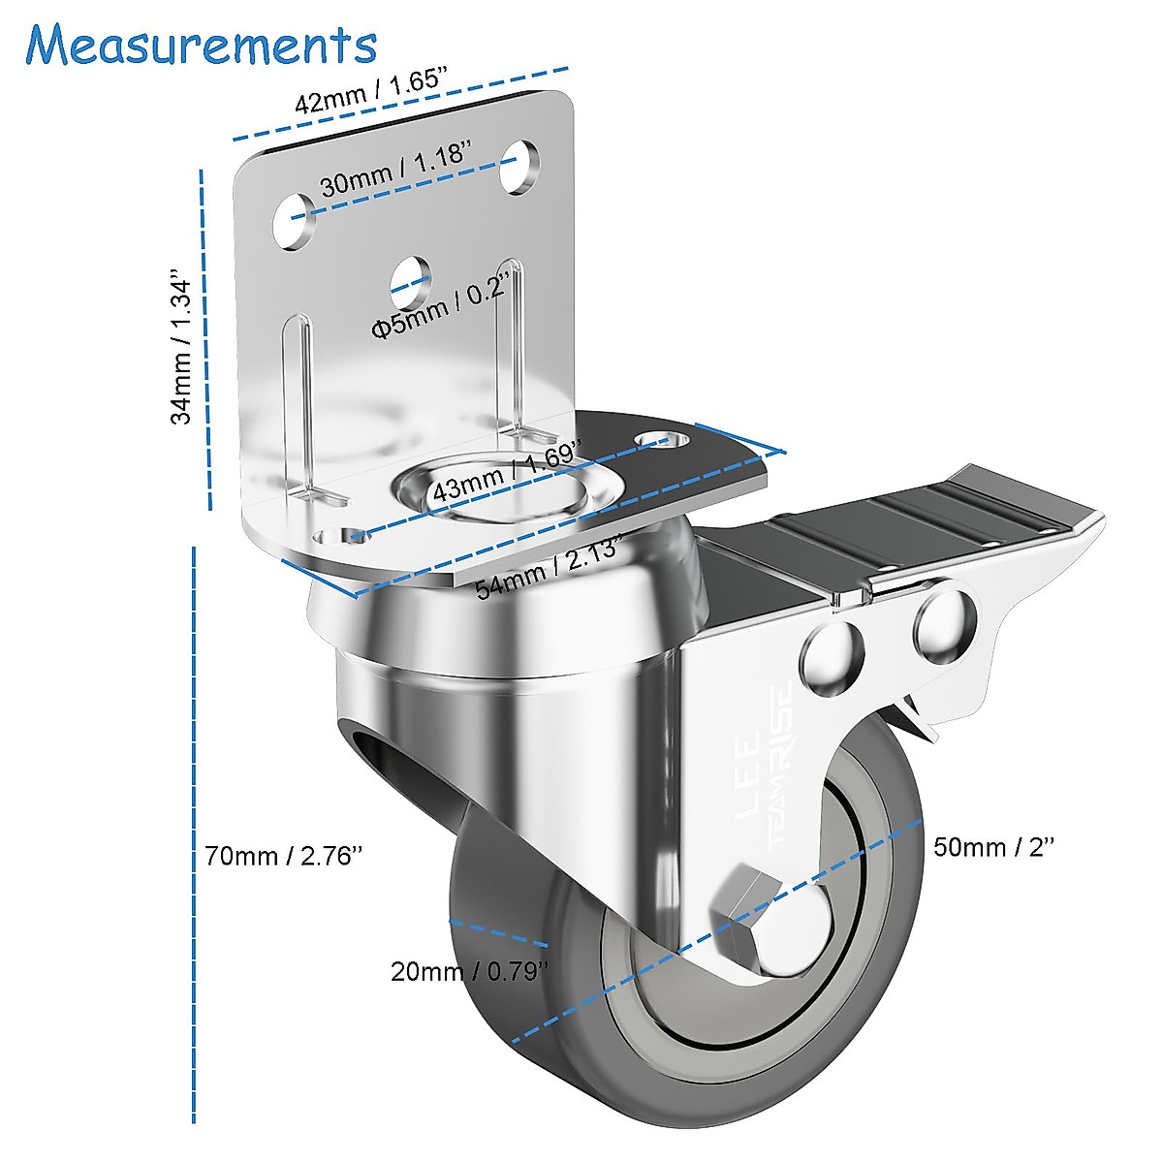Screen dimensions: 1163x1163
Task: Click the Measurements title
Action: (202, 45)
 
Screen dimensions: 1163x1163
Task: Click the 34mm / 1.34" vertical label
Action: (182, 346)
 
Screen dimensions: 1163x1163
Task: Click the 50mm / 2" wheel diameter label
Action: (992, 847)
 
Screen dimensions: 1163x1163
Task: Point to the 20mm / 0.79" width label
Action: (469, 970)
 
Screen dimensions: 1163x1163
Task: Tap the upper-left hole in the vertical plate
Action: (293, 219)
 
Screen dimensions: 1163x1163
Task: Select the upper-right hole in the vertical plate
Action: (521, 166)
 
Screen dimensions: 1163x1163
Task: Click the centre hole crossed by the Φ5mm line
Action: (411, 276)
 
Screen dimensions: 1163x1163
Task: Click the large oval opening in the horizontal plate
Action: (494, 488)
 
